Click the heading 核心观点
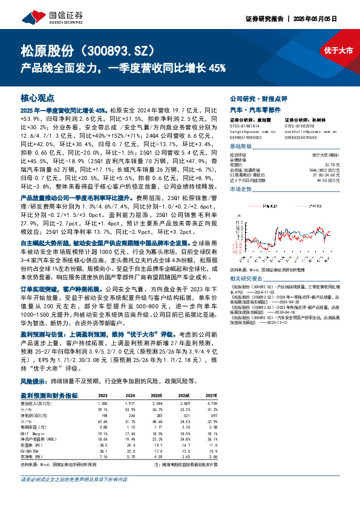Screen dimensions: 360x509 pyautogui.click(x=38, y=97)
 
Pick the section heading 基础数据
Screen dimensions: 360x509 pyautogui.click(x=241, y=147)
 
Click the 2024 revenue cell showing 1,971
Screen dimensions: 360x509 pyautogui.click(x=132, y=403)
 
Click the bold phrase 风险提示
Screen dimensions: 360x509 pyautogui.click(x=31, y=382)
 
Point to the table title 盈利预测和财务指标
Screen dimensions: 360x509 pyautogui.click(x=49, y=396)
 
